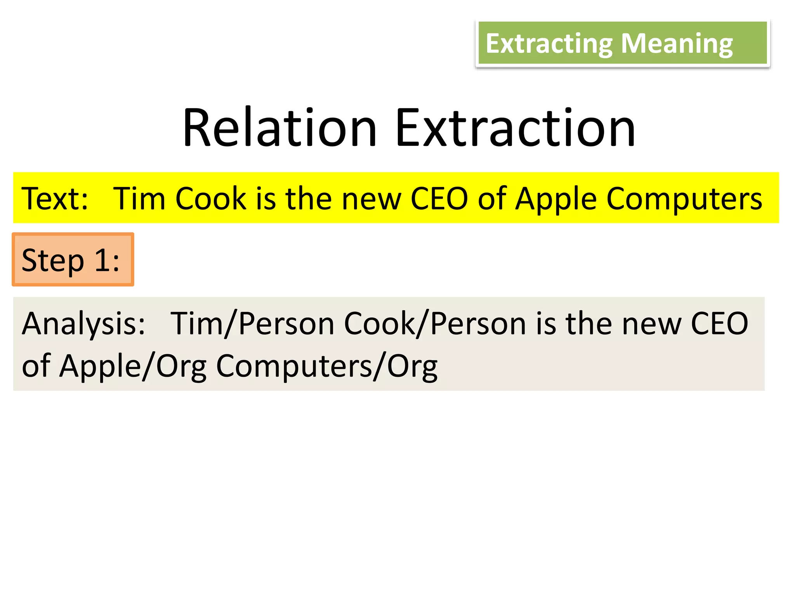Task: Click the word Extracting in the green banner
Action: [549, 44]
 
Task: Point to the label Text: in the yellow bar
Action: [55, 199]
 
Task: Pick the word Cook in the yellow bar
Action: [211, 199]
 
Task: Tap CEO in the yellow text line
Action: [439, 199]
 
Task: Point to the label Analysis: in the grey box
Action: [83, 324]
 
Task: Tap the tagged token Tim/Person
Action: [252, 324]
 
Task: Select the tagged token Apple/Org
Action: [133, 366]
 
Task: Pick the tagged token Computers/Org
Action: [326, 366]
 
